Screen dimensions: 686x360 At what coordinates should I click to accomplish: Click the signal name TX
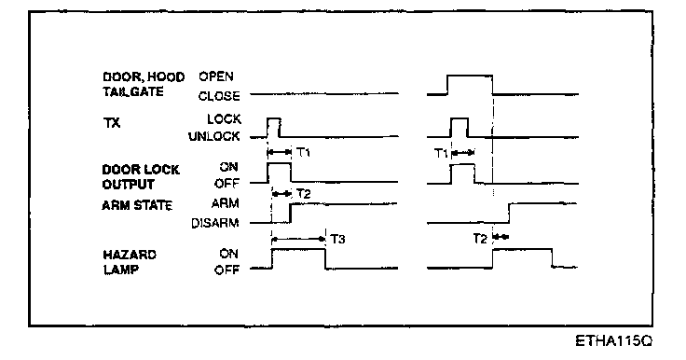coord(112,123)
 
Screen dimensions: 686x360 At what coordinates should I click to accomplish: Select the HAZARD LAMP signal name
coord(130,262)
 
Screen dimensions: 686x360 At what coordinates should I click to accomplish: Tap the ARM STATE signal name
coord(137,205)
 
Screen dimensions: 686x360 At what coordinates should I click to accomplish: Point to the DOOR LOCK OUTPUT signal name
coord(141,177)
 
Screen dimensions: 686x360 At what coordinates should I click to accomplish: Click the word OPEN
coord(216,76)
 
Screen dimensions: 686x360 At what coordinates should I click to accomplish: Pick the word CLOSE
coord(219,96)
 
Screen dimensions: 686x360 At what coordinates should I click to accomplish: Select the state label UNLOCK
coord(214,137)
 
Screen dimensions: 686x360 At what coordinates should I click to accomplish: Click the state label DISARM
coord(215,223)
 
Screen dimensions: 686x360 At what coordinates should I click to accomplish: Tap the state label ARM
coord(226,203)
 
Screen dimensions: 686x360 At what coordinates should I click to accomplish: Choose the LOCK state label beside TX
coord(224,118)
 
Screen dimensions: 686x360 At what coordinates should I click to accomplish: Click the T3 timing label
coord(337,239)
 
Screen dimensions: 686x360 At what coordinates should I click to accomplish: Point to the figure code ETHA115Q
coord(614,340)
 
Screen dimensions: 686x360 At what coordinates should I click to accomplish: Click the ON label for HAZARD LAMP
coord(228,254)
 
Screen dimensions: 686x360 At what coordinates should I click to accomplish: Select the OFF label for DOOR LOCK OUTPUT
coord(226,184)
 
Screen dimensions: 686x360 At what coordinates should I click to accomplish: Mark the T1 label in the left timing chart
coord(303,152)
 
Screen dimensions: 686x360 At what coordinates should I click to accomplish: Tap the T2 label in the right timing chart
coord(480,238)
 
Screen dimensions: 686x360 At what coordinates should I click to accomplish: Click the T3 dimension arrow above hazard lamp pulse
coord(299,239)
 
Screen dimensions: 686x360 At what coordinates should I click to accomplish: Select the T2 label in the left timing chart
coord(303,194)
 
